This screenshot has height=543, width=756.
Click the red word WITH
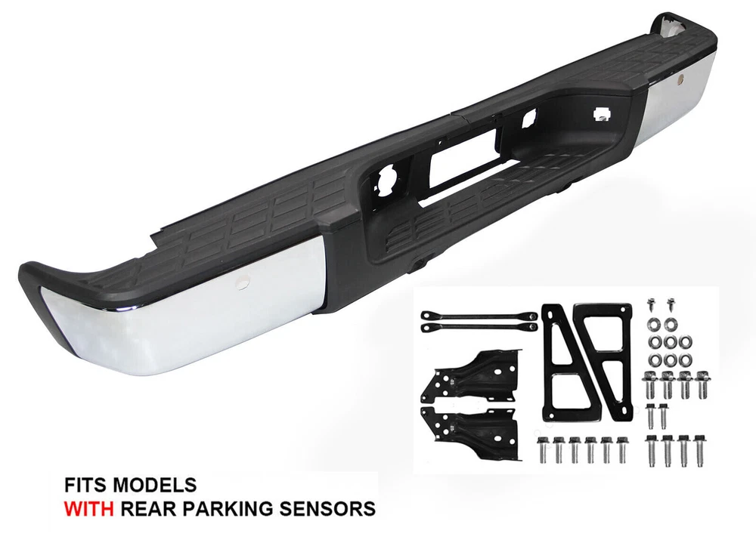click(89, 508)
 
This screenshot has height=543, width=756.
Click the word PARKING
click(223, 508)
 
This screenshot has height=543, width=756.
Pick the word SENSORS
click(324, 508)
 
